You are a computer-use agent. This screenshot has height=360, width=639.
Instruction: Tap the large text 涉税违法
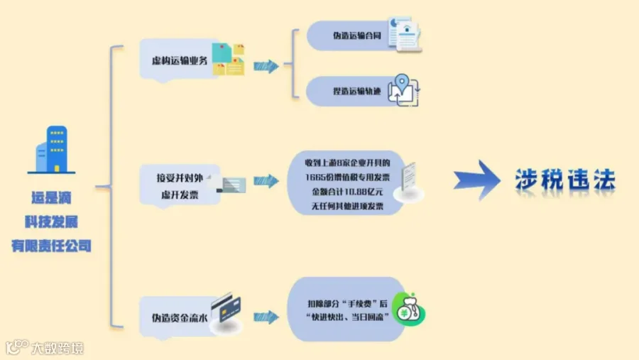pyautogui.click(x=565, y=180)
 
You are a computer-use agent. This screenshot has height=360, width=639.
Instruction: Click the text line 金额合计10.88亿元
pyautogui.click(x=347, y=192)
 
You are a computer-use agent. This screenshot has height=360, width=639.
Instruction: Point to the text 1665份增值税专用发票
pyautogui.click(x=347, y=178)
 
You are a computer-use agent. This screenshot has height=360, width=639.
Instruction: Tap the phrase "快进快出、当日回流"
pyautogui.click(x=347, y=317)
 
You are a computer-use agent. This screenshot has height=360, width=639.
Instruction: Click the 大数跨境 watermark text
pyautogui.click(x=57, y=349)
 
